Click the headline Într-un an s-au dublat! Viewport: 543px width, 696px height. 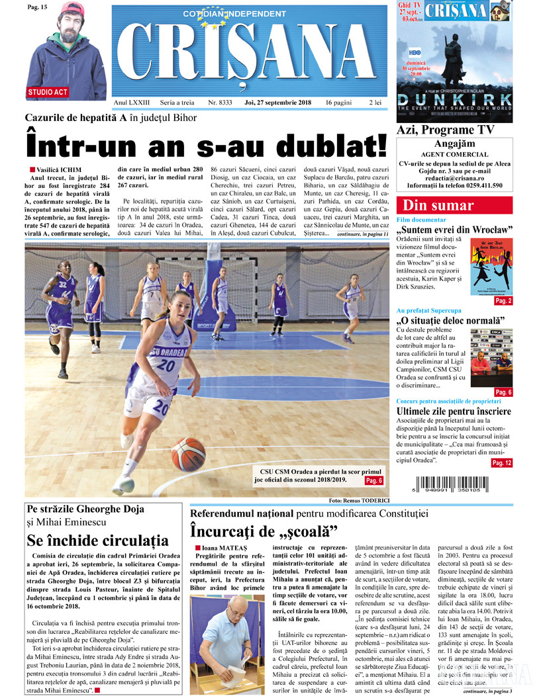click(x=206, y=144)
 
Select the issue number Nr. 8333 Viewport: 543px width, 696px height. click(x=220, y=103)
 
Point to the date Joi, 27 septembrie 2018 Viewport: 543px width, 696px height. click(x=277, y=103)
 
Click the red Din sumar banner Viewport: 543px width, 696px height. click(x=438, y=206)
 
